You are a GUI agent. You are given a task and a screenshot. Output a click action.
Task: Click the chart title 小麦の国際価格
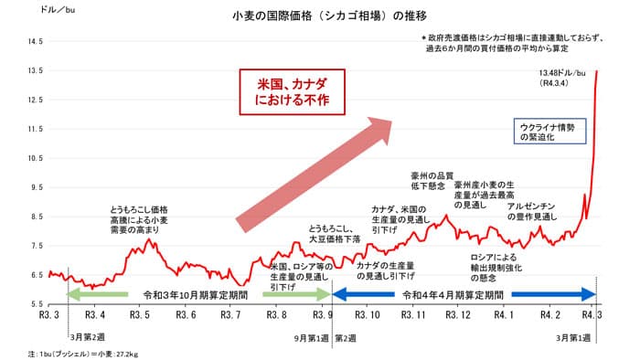[317, 16]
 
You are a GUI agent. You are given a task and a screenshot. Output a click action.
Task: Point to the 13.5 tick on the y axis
[35, 70]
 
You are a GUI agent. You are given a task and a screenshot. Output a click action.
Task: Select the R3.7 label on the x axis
[230, 314]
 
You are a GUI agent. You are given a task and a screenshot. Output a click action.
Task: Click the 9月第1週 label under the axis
[311, 336]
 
